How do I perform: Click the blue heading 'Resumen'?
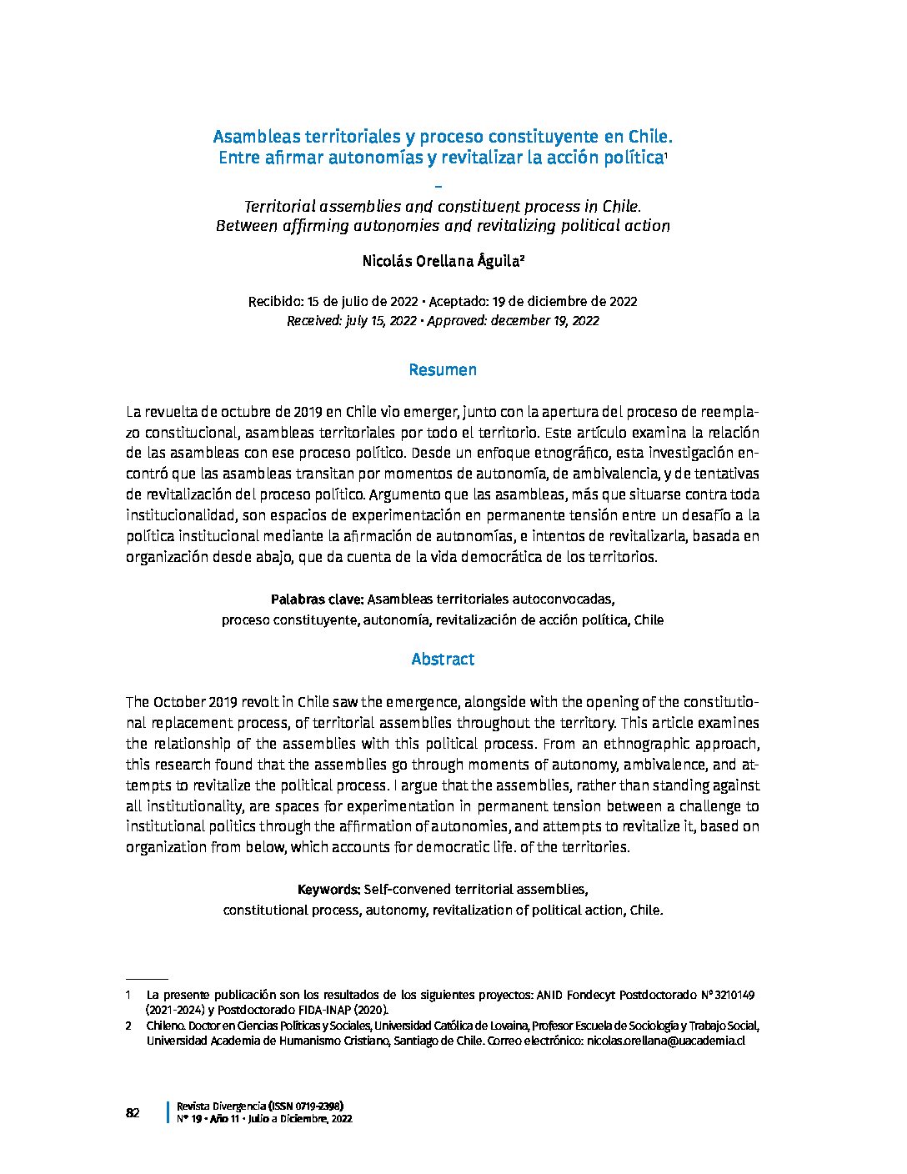pos(443,369)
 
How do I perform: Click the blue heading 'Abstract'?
pos(443,659)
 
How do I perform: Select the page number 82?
pos(133,1113)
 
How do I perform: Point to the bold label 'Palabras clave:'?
pos(317,599)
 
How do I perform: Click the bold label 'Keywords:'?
pos(328,889)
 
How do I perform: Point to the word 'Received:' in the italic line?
pos(314,320)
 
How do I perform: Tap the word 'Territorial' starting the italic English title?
pos(280,205)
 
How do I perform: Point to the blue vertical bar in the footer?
pos(169,1112)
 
